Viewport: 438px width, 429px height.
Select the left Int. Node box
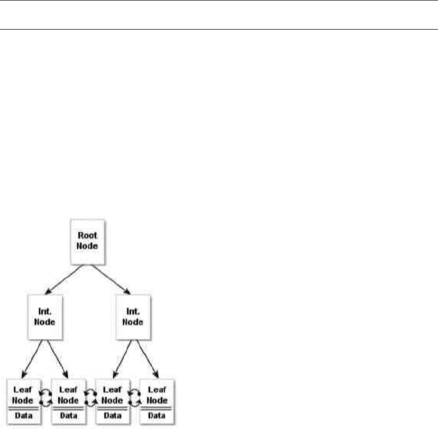point(45,316)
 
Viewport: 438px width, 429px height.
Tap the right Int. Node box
point(133,316)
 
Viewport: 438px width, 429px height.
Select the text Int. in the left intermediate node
point(45,311)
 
